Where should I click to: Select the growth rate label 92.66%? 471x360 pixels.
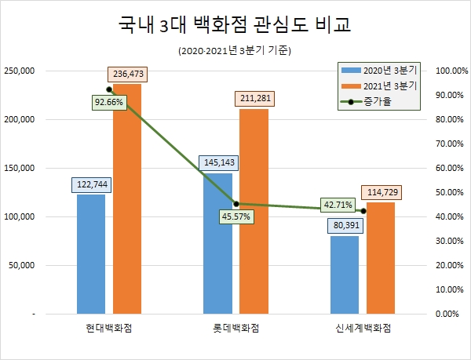point(108,102)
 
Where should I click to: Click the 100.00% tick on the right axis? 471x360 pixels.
point(451,71)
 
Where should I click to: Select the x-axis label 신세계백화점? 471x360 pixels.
point(362,327)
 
